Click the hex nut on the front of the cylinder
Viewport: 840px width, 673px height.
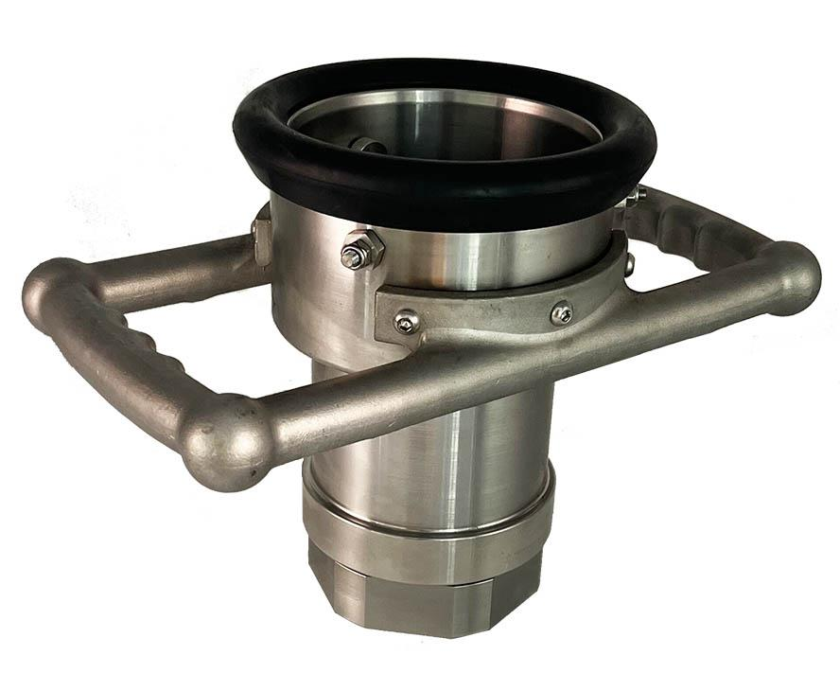point(362,250)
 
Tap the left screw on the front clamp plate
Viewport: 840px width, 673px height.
point(407,323)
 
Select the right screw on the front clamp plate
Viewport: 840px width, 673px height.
point(561,311)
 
